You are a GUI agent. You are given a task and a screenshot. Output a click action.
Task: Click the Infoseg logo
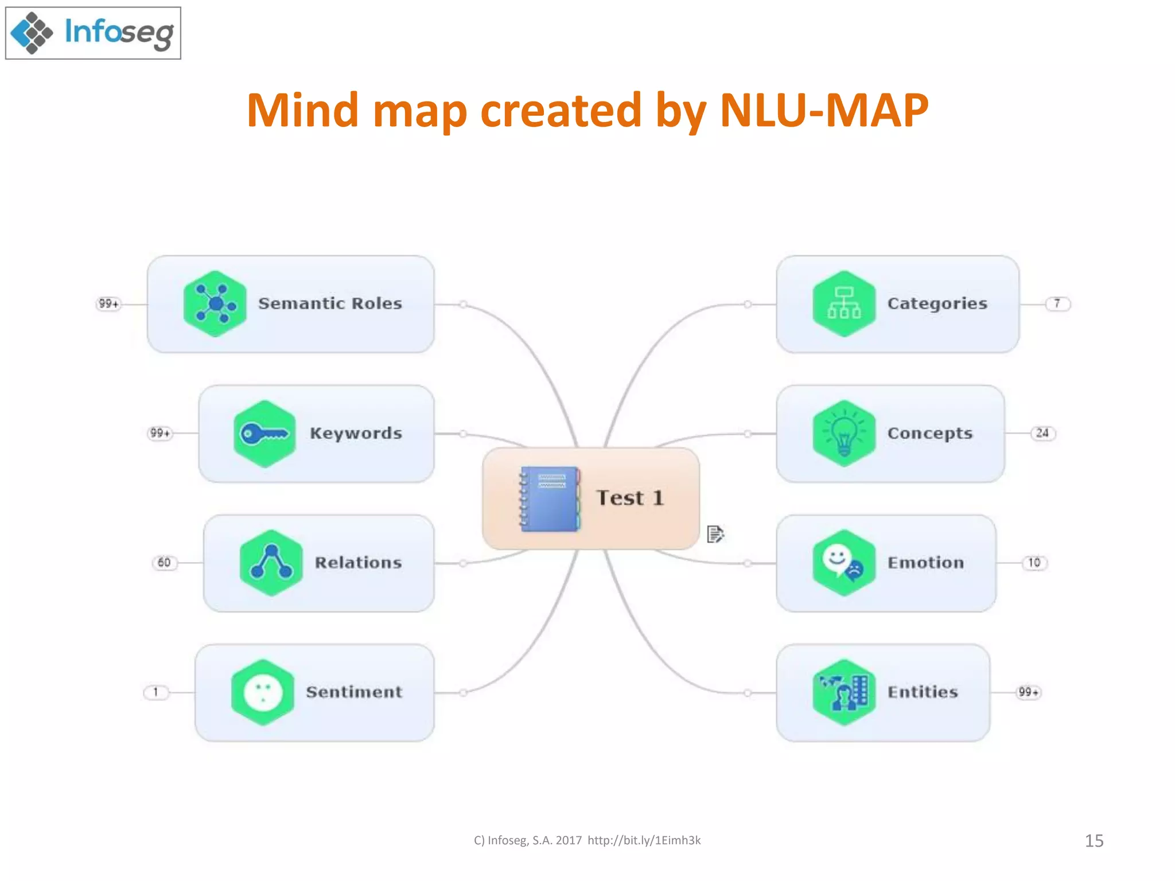[93, 33]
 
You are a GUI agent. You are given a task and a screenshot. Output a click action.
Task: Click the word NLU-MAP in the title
[823, 110]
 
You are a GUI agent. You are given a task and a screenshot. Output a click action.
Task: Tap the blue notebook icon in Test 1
[550, 498]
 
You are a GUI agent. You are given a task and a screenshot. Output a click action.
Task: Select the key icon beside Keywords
[264, 434]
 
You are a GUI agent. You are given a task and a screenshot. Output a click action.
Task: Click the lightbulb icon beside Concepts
[844, 434]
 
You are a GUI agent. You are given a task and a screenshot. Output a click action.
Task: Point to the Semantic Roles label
[330, 303]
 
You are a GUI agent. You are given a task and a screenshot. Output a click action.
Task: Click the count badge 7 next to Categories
[1057, 303]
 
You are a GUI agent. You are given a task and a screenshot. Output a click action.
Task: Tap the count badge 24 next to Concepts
[1042, 433]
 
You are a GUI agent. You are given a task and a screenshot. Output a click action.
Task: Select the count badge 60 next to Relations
[164, 563]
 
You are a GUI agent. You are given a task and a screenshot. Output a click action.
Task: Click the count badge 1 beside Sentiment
[155, 692]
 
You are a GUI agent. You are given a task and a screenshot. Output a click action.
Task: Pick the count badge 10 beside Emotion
[1034, 563]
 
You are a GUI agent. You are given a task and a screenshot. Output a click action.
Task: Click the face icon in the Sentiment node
[263, 692]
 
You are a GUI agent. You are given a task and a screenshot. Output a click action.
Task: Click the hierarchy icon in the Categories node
[844, 303]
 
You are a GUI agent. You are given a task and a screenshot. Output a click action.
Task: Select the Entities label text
[923, 692]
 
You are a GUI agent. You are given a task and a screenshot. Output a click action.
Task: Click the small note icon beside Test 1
[715, 534]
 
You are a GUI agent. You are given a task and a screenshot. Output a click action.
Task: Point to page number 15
[1094, 841]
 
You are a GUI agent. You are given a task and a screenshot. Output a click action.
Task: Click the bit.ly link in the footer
[644, 840]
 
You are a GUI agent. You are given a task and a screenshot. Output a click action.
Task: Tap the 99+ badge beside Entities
[1028, 692]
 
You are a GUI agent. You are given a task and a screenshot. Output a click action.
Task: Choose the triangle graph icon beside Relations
[271, 563]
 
